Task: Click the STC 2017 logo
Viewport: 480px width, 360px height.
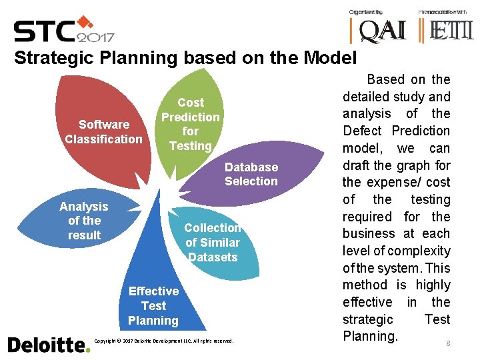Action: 63,31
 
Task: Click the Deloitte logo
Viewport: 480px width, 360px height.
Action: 48,345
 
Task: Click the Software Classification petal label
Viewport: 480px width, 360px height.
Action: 103,132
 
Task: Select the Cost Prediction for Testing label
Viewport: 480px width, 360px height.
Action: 190,124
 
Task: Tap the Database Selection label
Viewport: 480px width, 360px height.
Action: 251,174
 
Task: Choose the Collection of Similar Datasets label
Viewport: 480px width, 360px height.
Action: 213,243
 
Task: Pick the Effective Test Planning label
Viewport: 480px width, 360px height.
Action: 153,305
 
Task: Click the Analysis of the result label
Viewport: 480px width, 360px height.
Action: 84,221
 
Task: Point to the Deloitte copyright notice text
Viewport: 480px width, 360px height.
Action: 163,341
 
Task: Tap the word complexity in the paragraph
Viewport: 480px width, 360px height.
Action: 419,251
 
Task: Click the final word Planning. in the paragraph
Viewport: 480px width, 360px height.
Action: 370,336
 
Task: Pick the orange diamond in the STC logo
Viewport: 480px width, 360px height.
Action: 85,21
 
